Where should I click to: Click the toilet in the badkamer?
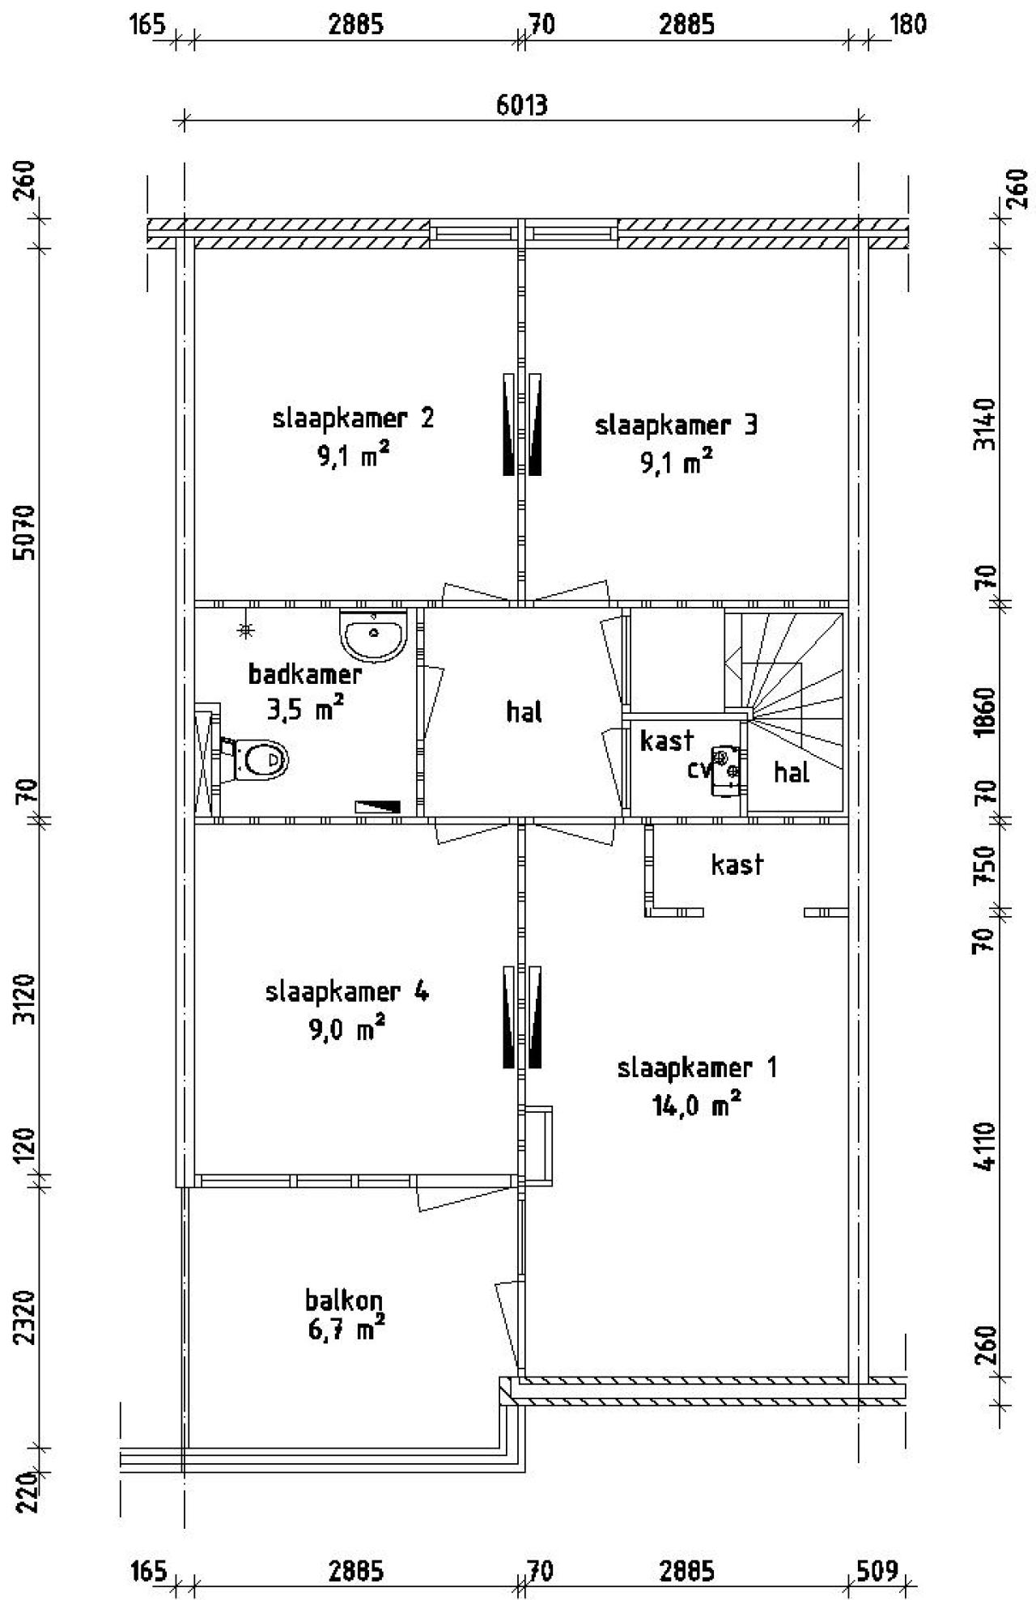(257, 760)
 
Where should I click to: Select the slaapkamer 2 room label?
(353, 419)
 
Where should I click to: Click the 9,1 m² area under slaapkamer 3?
(677, 464)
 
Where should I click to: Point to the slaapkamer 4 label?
(347, 991)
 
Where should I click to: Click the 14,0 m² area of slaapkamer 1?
(697, 1106)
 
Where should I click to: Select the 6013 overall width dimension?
(522, 105)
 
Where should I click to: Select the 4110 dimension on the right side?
(986, 1146)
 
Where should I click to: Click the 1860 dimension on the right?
(986, 711)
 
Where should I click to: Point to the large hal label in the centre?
(524, 712)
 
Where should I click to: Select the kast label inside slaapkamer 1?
(737, 864)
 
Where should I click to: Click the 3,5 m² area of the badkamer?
(305, 710)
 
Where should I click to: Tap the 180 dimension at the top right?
(908, 24)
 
